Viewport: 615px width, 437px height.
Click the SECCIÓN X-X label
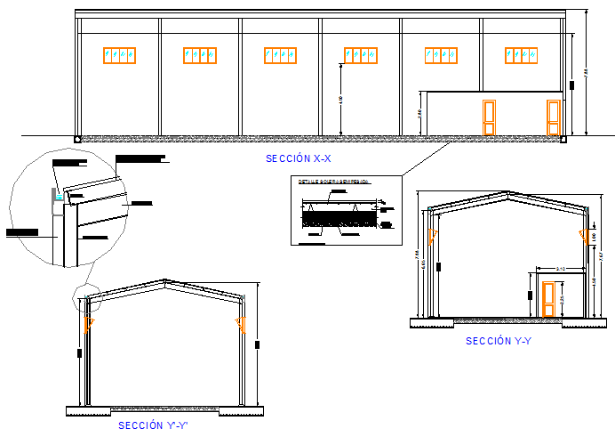[298, 158]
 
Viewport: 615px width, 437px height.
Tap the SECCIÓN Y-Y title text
[499, 341]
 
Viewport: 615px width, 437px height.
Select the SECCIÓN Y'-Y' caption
[153, 425]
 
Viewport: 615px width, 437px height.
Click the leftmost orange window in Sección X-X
[119, 56]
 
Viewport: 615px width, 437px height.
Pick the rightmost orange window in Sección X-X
[521, 56]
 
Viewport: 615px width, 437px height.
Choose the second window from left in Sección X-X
[200, 56]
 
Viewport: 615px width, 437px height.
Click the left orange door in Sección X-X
[489, 117]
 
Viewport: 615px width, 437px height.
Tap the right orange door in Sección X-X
[554, 117]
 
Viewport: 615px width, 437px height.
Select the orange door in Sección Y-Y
[548, 298]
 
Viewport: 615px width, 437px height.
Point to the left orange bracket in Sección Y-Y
[432, 236]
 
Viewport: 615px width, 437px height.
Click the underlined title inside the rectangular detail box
[333, 182]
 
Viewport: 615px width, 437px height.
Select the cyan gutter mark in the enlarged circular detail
[56, 201]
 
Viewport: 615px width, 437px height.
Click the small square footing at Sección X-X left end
[78, 139]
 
